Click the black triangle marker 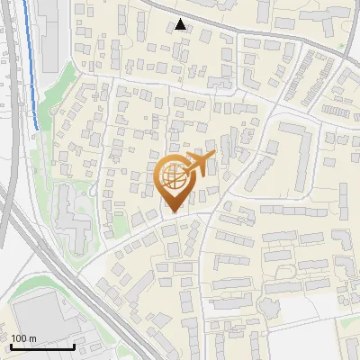182,24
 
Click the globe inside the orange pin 173,179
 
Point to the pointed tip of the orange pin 173,212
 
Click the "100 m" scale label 24,337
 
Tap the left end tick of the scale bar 11,345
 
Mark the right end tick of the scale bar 74,345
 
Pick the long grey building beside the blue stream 48,36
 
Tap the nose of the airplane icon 212,155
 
